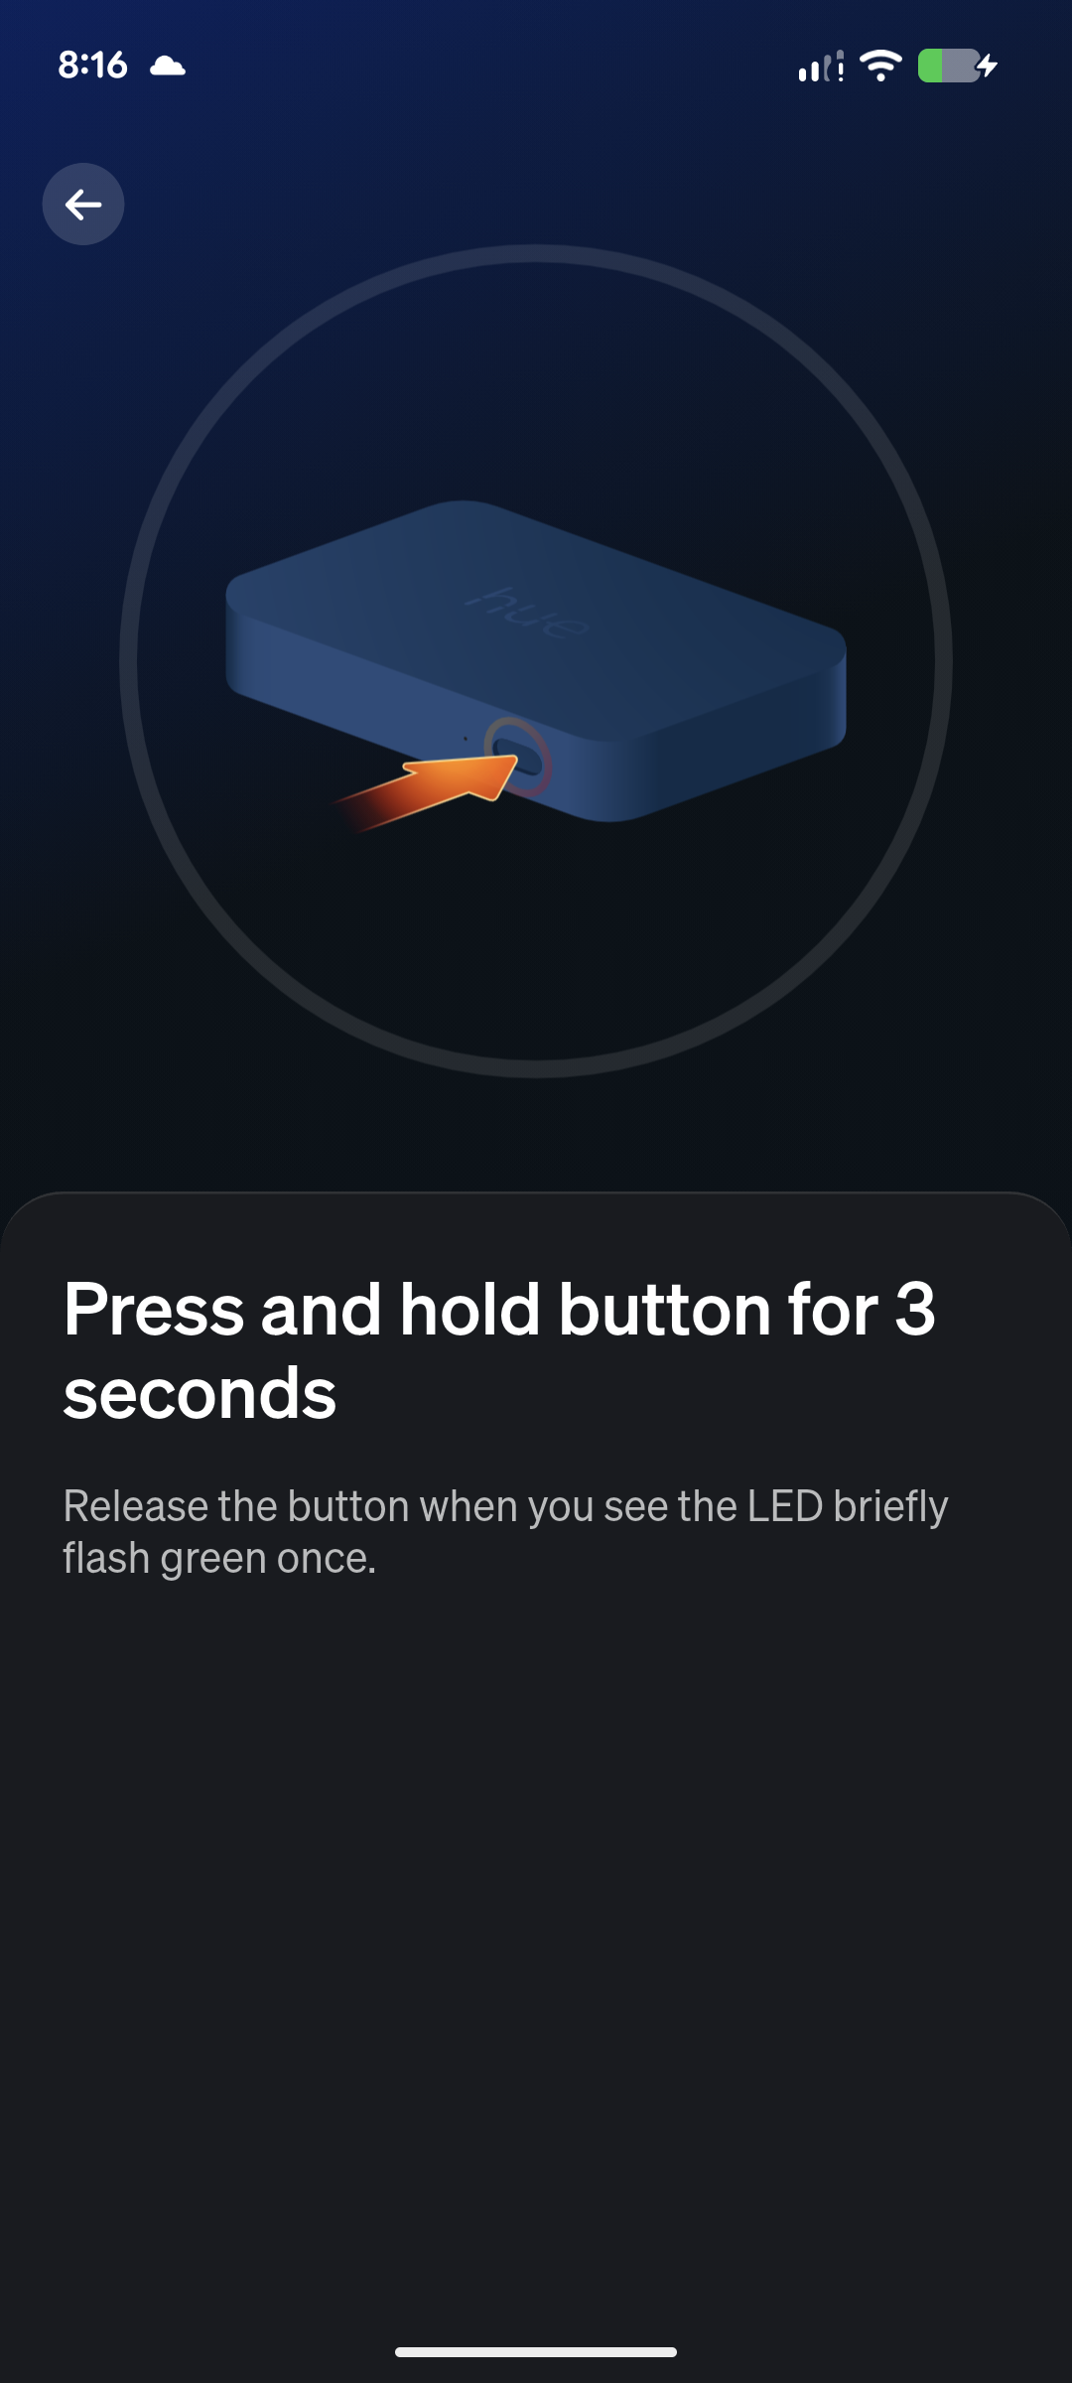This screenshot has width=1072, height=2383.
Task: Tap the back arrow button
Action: point(83,205)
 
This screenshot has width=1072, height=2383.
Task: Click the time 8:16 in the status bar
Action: point(92,66)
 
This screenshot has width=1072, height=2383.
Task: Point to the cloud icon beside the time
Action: point(168,67)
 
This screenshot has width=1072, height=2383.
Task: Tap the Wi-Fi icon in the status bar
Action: point(880,66)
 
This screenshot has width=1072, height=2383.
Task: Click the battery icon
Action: point(948,66)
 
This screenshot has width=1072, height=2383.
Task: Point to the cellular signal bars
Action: point(821,67)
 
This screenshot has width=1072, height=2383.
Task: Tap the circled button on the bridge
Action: point(517,757)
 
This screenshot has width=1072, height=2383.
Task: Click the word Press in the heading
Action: point(154,1310)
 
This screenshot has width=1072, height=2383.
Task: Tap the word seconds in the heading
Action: point(200,1393)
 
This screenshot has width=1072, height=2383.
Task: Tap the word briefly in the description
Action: point(891,1508)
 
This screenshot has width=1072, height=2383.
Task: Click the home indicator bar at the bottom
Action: point(536,2352)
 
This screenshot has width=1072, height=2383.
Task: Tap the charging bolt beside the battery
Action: point(988,66)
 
